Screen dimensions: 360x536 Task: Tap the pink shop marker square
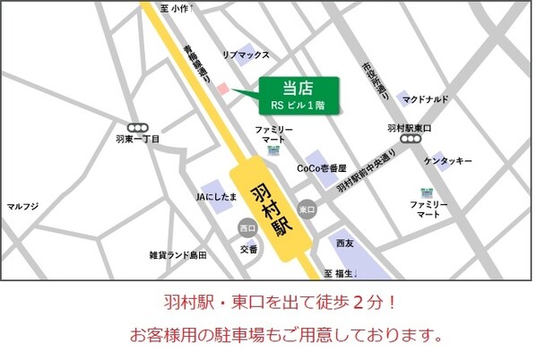pyautogui.click(x=223, y=89)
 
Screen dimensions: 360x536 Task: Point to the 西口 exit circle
pyautogui.click(x=247, y=229)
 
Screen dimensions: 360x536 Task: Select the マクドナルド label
pyautogui.click(x=426, y=99)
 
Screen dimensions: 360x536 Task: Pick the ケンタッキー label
pyautogui.click(x=448, y=161)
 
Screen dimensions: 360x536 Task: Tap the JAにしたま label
pyautogui.click(x=217, y=195)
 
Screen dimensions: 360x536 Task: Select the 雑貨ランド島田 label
pyautogui.click(x=177, y=255)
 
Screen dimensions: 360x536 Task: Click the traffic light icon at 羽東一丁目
pyautogui.click(x=138, y=128)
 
